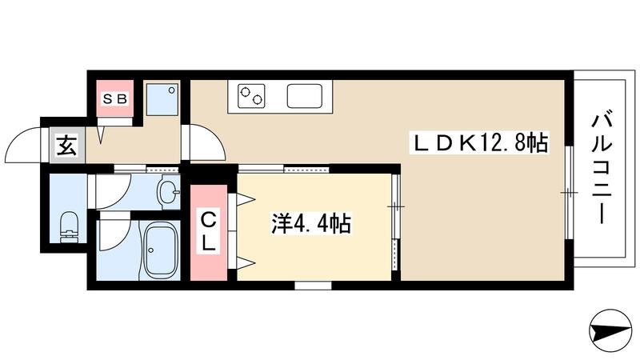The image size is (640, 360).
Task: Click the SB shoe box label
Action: point(114,99)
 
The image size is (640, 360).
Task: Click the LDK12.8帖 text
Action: point(480,144)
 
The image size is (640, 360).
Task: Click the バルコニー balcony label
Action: point(602,168)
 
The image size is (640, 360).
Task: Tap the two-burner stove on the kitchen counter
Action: point(250,97)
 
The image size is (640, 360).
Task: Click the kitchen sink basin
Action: point(305,96)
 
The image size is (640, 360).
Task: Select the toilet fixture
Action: point(69,224)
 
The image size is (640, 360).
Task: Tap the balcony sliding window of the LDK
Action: point(568,192)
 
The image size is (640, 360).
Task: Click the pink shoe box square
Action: point(114,99)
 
